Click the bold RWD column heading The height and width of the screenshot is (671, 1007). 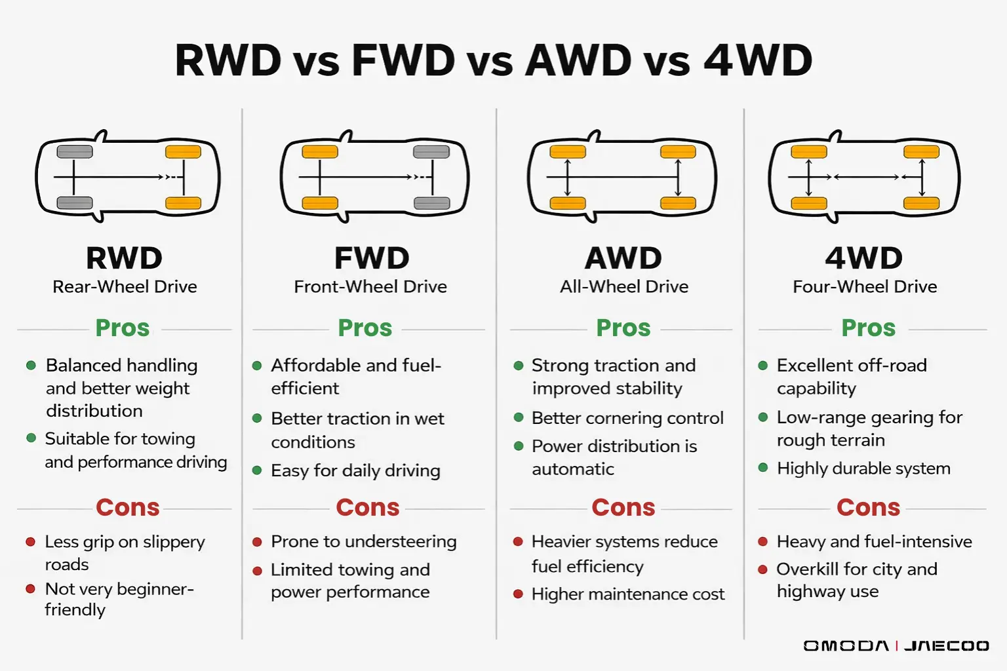tap(124, 258)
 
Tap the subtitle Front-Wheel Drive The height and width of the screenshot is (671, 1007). tap(370, 287)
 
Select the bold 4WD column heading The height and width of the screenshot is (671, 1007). tap(863, 258)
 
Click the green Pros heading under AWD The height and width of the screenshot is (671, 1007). tap(623, 328)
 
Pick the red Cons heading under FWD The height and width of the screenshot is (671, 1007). tap(367, 507)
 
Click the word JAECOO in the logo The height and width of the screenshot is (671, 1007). tap(946, 646)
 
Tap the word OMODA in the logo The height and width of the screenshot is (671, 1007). tap(846, 646)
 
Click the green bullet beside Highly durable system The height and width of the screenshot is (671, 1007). tap(763, 468)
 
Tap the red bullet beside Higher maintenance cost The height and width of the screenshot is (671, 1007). tap(518, 594)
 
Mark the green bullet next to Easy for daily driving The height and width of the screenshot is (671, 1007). tap(257, 470)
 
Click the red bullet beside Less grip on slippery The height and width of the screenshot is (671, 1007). tap(30, 542)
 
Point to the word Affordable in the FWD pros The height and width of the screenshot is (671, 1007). tap(311, 365)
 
